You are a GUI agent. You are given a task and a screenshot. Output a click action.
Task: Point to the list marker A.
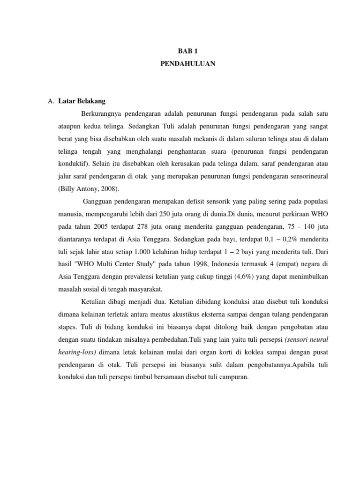pos(51,101)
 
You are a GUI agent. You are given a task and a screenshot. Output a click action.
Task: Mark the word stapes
pos(60,328)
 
